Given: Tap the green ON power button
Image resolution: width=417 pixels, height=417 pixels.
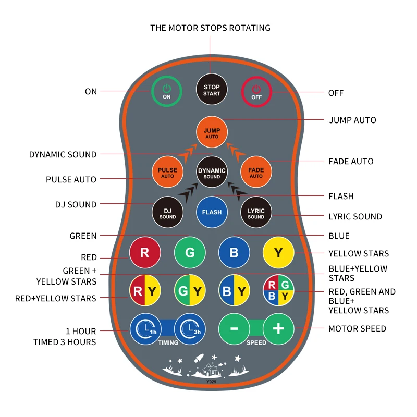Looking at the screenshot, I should pos(167,92).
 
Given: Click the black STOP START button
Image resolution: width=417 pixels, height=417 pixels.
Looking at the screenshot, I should pos(212,90).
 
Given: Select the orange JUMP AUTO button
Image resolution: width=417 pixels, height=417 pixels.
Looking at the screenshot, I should pos(212,132).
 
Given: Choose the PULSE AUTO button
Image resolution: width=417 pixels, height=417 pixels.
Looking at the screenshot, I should pos(167,172).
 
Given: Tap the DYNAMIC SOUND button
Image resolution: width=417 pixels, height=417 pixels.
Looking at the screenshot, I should pos(212,172).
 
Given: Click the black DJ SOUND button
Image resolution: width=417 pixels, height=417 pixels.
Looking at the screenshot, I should pos(167,212).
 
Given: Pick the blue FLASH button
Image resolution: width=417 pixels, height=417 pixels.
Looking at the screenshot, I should pos(212,212).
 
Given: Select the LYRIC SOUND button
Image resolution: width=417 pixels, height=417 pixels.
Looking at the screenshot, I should pos(256,212).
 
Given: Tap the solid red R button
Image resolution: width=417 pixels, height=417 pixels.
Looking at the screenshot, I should pos(145,253).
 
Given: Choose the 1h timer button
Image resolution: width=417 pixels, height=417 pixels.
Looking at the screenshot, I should pos(145,329).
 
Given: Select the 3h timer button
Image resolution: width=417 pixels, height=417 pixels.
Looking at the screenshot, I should pos(190,329).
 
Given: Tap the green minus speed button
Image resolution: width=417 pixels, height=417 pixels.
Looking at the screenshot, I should pos(234,329).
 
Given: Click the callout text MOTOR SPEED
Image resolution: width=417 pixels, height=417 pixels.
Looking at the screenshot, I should pos(357,329).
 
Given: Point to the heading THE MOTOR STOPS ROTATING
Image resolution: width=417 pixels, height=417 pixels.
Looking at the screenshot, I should pos(210,28).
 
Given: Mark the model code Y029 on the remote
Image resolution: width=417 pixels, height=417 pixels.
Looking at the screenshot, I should pos(212,382).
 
